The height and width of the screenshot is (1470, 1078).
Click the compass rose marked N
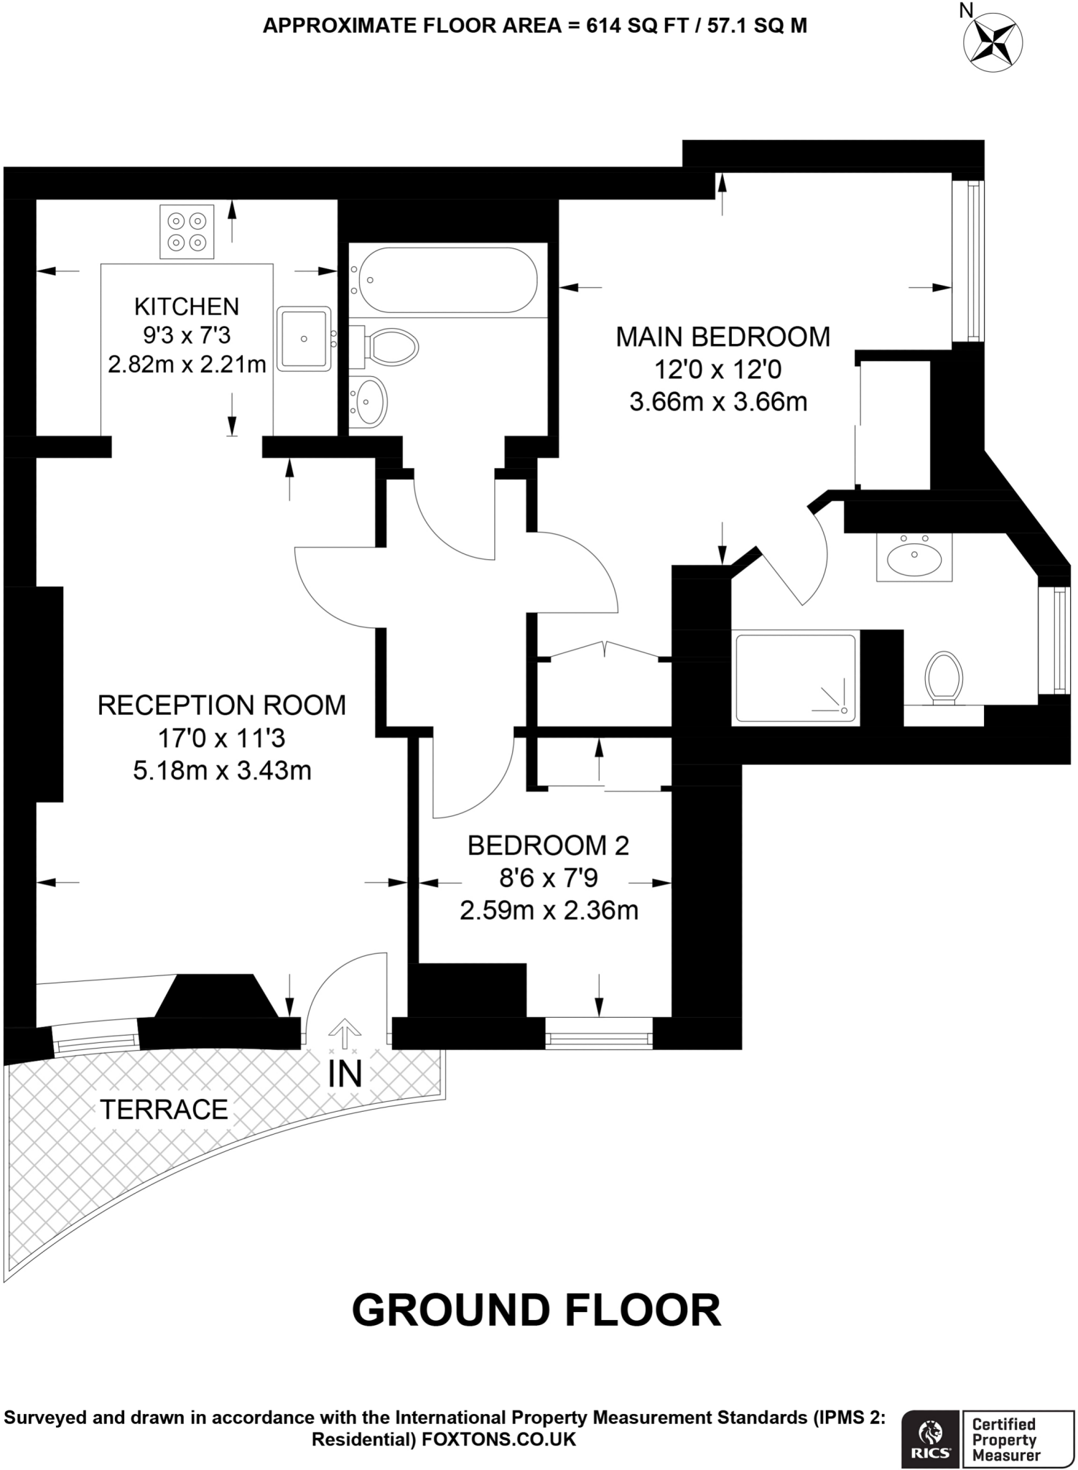(x=994, y=43)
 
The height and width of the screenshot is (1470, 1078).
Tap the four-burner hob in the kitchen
(x=187, y=232)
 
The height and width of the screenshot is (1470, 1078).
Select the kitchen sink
(x=305, y=339)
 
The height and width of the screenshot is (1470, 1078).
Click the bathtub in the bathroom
(x=447, y=280)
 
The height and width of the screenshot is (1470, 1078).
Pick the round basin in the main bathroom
(x=371, y=401)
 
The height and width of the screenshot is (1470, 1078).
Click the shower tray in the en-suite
(x=795, y=678)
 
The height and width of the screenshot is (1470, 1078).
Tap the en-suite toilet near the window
(x=944, y=676)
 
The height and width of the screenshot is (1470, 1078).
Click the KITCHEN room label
(x=187, y=306)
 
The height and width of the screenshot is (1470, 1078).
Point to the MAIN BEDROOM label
(x=722, y=337)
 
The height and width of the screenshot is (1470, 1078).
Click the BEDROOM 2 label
(x=548, y=846)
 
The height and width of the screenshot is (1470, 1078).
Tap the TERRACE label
(x=164, y=1110)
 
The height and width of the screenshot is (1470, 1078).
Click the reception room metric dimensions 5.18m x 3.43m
(x=222, y=771)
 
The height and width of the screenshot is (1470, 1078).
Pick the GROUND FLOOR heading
(x=536, y=1310)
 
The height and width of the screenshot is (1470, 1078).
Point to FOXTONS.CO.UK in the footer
(x=498, y=1439)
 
